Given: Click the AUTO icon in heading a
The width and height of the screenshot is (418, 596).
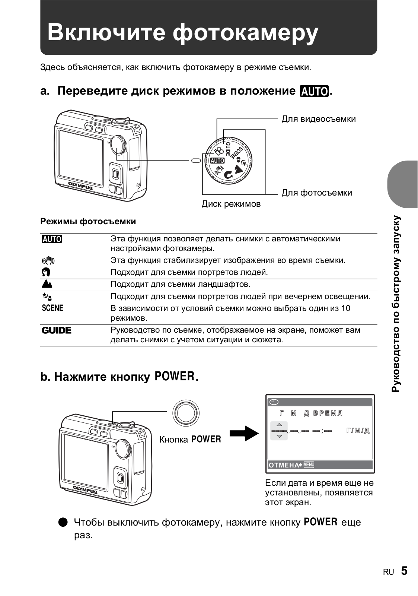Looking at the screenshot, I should pos(315,91).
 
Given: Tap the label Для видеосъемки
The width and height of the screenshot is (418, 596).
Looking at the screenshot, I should pos(318,119).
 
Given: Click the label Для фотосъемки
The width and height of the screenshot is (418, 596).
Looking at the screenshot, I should pos(316,193).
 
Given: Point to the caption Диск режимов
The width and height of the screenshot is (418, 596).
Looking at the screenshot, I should pos(231,204).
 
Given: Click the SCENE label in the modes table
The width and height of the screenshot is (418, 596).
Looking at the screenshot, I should pos(52,308).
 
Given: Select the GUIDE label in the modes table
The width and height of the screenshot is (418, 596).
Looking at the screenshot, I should pos(56,330).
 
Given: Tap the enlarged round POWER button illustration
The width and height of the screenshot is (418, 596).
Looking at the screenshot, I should pos(186,413).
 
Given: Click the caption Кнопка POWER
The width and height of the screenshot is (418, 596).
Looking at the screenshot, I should pos(190,440).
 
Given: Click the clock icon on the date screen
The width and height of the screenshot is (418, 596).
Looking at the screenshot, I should pos(274,402).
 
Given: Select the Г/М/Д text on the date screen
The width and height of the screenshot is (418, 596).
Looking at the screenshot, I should pos(358,431).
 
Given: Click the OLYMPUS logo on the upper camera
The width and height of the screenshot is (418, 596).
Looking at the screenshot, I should pos(80,186).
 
